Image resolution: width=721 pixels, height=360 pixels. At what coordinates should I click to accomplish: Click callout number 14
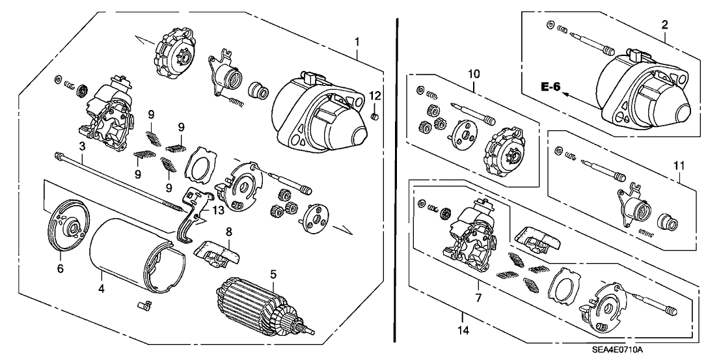[463, 318]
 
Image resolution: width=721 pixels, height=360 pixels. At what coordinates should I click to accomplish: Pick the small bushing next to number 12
[374, 117]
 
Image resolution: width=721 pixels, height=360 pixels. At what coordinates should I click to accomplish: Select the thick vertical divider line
[396, 182]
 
